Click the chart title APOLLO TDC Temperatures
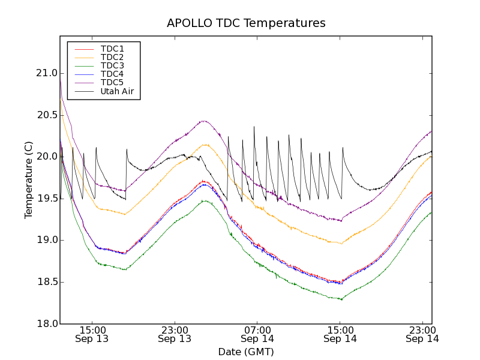click(x=246, y=23)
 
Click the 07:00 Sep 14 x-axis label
click(x=257, y=334)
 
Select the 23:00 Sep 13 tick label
click(x=175, y=334)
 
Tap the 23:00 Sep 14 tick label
click(x=422, y=334)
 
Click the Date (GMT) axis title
click(x=246, y=352)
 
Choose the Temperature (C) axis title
click(x=28, y=180)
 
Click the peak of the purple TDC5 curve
click(x=204, y=121)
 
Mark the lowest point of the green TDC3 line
click(x=341, y=299)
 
